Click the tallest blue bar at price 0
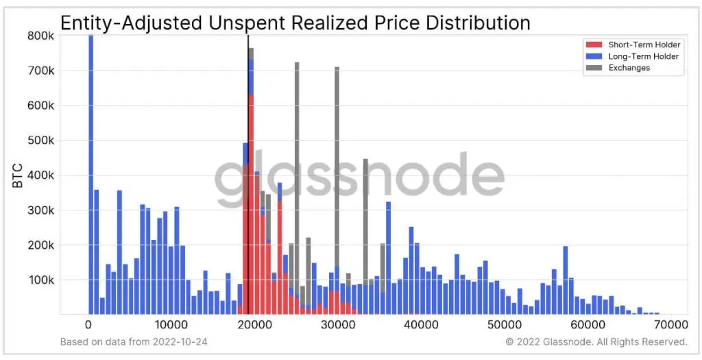point(90,171)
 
